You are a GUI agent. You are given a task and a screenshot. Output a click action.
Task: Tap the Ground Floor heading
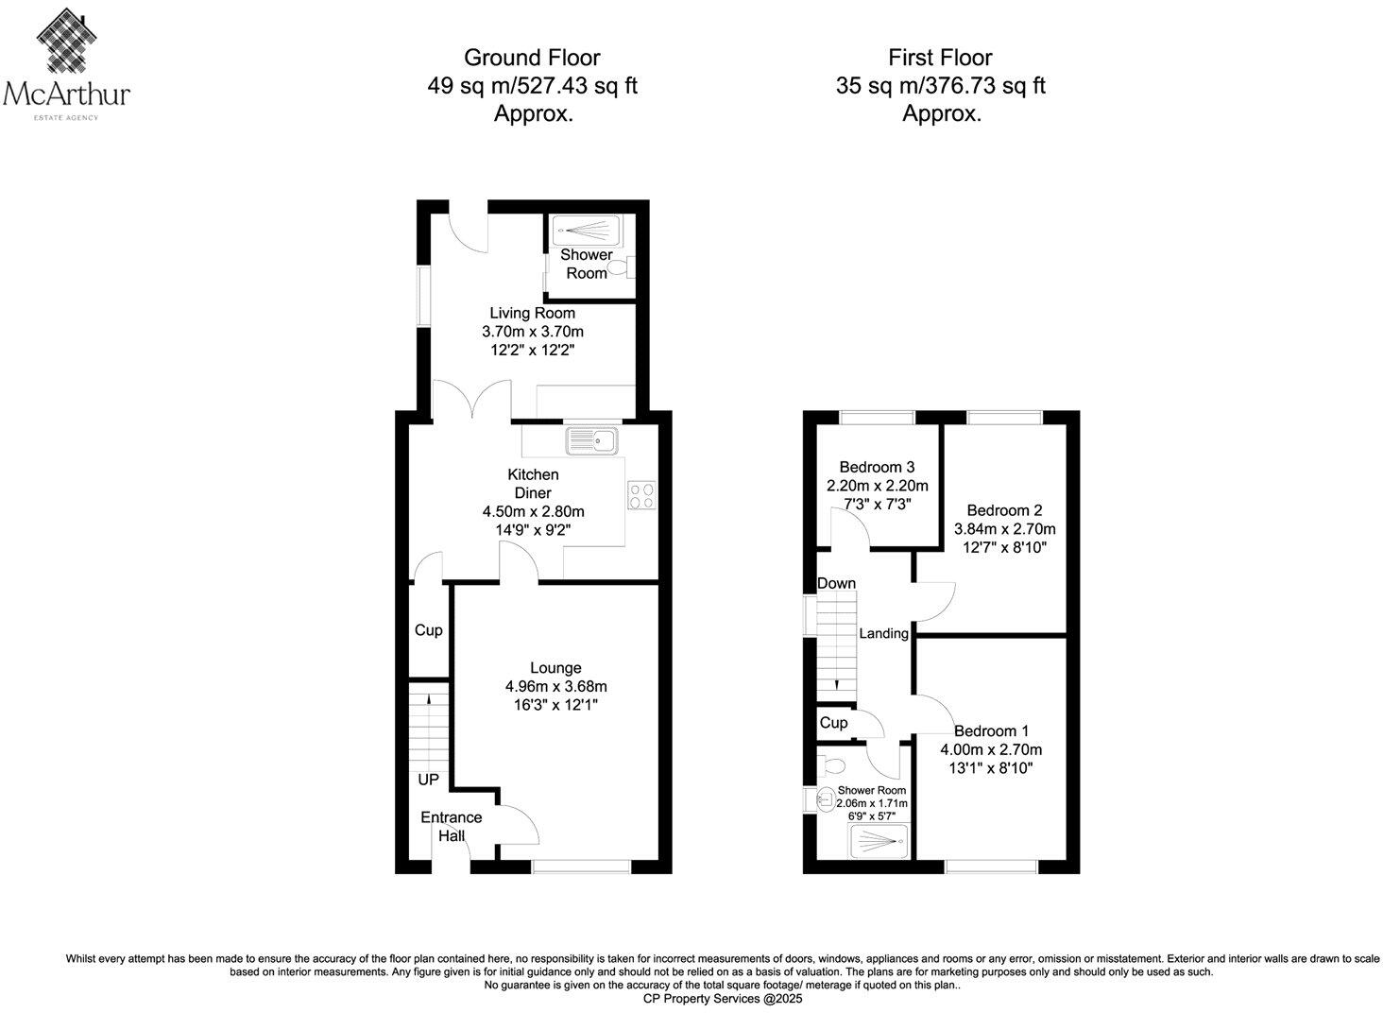[532, 58]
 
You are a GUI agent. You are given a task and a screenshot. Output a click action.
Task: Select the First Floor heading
[940, 58]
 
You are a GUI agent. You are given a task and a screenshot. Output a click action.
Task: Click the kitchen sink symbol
[590, 440]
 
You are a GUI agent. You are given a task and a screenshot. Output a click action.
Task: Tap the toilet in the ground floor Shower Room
[623, 268]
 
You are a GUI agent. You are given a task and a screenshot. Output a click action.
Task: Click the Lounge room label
[555, 667]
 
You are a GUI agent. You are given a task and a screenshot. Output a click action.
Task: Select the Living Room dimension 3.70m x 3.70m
[532, 332]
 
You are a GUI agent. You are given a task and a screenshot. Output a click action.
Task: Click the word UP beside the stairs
[428, 780]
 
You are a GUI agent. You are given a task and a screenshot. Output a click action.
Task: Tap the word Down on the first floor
[836, 583]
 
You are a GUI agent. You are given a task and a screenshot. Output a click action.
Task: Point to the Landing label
[883, 633]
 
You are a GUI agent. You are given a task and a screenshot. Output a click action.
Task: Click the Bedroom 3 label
[877, 467]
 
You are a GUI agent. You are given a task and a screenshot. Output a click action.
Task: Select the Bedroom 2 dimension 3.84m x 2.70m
[1005, 529]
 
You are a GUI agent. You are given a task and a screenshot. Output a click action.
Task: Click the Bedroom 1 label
[991, 730]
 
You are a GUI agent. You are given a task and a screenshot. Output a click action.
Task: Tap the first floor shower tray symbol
[879, 837]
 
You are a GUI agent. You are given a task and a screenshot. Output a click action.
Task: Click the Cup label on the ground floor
[428, 630]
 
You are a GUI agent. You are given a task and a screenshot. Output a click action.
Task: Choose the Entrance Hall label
[451, 826]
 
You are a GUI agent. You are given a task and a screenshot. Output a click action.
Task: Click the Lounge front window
[581, 866]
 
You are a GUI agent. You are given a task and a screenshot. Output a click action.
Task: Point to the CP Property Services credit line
[722, 998]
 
